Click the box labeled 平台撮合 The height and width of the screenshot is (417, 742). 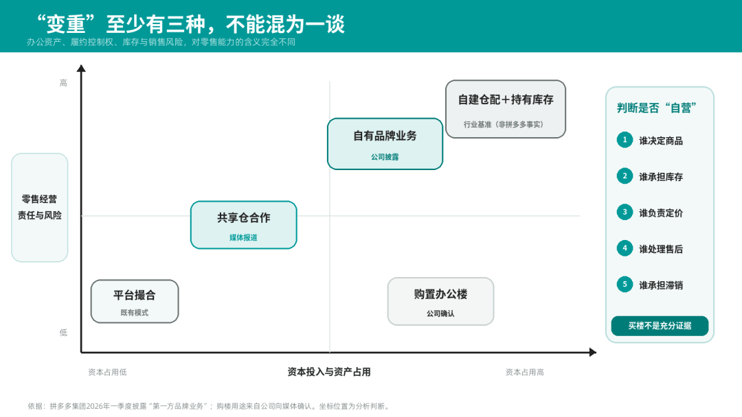click(135, 301)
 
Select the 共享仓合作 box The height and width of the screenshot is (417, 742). click(244, 225)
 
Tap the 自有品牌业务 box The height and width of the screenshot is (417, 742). click(385, 143)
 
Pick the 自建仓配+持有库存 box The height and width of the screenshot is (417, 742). click(506, 109)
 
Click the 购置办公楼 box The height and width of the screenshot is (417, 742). click(440, 301)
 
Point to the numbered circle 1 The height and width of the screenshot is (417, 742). click(625, 140)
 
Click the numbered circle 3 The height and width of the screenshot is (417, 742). click(625, 212)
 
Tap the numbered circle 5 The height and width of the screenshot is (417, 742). click(625, 285)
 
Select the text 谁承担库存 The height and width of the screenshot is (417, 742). click(661, 177)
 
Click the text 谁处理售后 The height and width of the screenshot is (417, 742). click(661, 250)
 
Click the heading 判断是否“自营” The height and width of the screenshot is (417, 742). click(656, 108)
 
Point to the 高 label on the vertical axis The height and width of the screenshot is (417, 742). click(63, 83)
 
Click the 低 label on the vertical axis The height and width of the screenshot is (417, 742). click(63, 333)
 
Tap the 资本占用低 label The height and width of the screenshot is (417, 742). click(107, 372)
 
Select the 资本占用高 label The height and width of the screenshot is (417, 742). click(524, 372)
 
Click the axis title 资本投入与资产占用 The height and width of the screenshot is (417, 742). click(329, 372)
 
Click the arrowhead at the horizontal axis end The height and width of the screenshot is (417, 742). click(593, 352)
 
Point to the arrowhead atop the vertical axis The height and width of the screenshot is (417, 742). click(81, 69)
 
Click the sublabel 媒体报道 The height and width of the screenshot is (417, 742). click(244, 237)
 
